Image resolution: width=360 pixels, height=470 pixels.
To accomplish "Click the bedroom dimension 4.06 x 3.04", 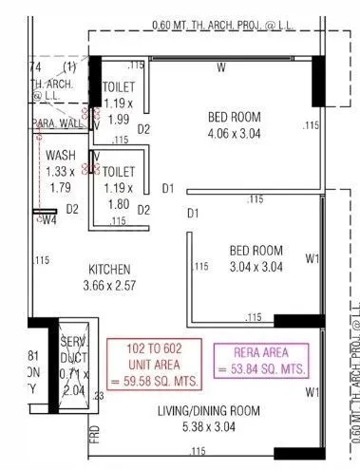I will pyautogui.click(x=234, y=134).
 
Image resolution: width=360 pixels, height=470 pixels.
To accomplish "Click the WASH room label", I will pyautogui.click(x=61, y=156).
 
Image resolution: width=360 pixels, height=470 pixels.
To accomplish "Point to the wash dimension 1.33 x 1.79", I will pyautogui.click(x=60, y=179).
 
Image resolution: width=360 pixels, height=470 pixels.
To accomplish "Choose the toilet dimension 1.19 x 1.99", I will pyautogui.click(x=119, y=111).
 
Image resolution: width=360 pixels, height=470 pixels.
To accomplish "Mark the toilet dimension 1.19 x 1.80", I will pyautogui.click(x=119, y=196).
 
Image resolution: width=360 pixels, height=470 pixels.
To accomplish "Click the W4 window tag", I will pyautogui.click(x=48, y=219).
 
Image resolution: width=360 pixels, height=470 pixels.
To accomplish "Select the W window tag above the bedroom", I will pyautogui.click(x=220, y=67).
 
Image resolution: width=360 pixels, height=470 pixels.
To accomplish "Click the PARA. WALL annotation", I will pyautogui.click(x=57, y=123).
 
